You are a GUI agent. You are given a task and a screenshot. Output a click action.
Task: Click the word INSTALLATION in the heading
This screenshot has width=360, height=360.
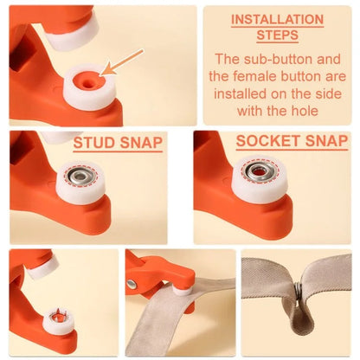click(x=277, y=20)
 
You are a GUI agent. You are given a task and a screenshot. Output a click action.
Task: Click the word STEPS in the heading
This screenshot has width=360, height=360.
click(x=277, y=35)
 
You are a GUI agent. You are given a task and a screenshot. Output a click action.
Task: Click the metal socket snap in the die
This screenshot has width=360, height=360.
click(x=256, y=173)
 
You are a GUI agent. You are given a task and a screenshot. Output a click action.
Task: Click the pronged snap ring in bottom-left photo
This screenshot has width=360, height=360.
click(x=58, y=320)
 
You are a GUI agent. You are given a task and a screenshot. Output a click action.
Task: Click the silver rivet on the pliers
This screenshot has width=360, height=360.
click(x=132, y=284)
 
